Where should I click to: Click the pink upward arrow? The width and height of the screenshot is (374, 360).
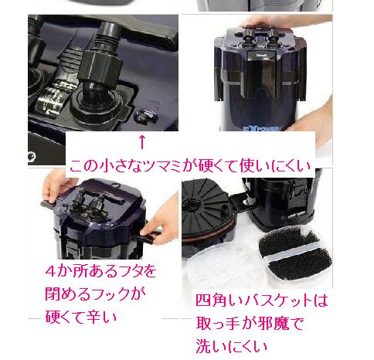pyautogui.click(x=142, y=142)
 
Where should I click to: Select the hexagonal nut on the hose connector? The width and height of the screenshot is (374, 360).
pyautogui.click(x=100, y=66)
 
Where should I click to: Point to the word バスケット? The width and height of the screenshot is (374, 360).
pyautogui.click(x=277, y=301)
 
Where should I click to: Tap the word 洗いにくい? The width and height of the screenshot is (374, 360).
pyautogui.click(x=232, y=346)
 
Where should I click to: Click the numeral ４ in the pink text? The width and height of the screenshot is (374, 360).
pyautogui.click(x=51, y=271)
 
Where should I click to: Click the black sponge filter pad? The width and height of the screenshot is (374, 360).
pyautogui.click(x=294, y=253)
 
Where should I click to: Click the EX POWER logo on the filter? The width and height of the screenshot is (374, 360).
pyautogui.click(x=260, y=128)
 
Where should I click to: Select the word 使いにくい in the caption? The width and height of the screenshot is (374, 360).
pyautogui.click(x=274, y=166)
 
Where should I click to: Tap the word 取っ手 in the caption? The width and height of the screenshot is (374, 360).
pyautogui.click(x=218, y=323)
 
